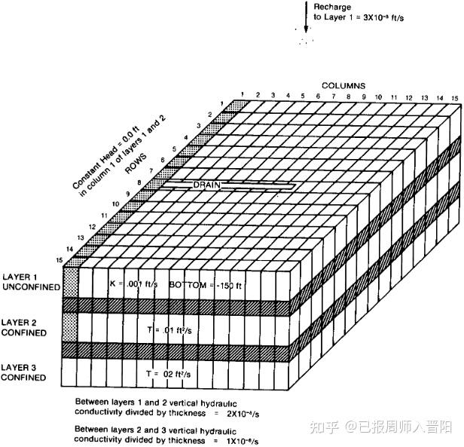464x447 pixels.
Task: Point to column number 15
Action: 454,98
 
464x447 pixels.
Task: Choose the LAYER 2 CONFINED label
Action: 25,327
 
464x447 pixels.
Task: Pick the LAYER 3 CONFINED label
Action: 25,372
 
